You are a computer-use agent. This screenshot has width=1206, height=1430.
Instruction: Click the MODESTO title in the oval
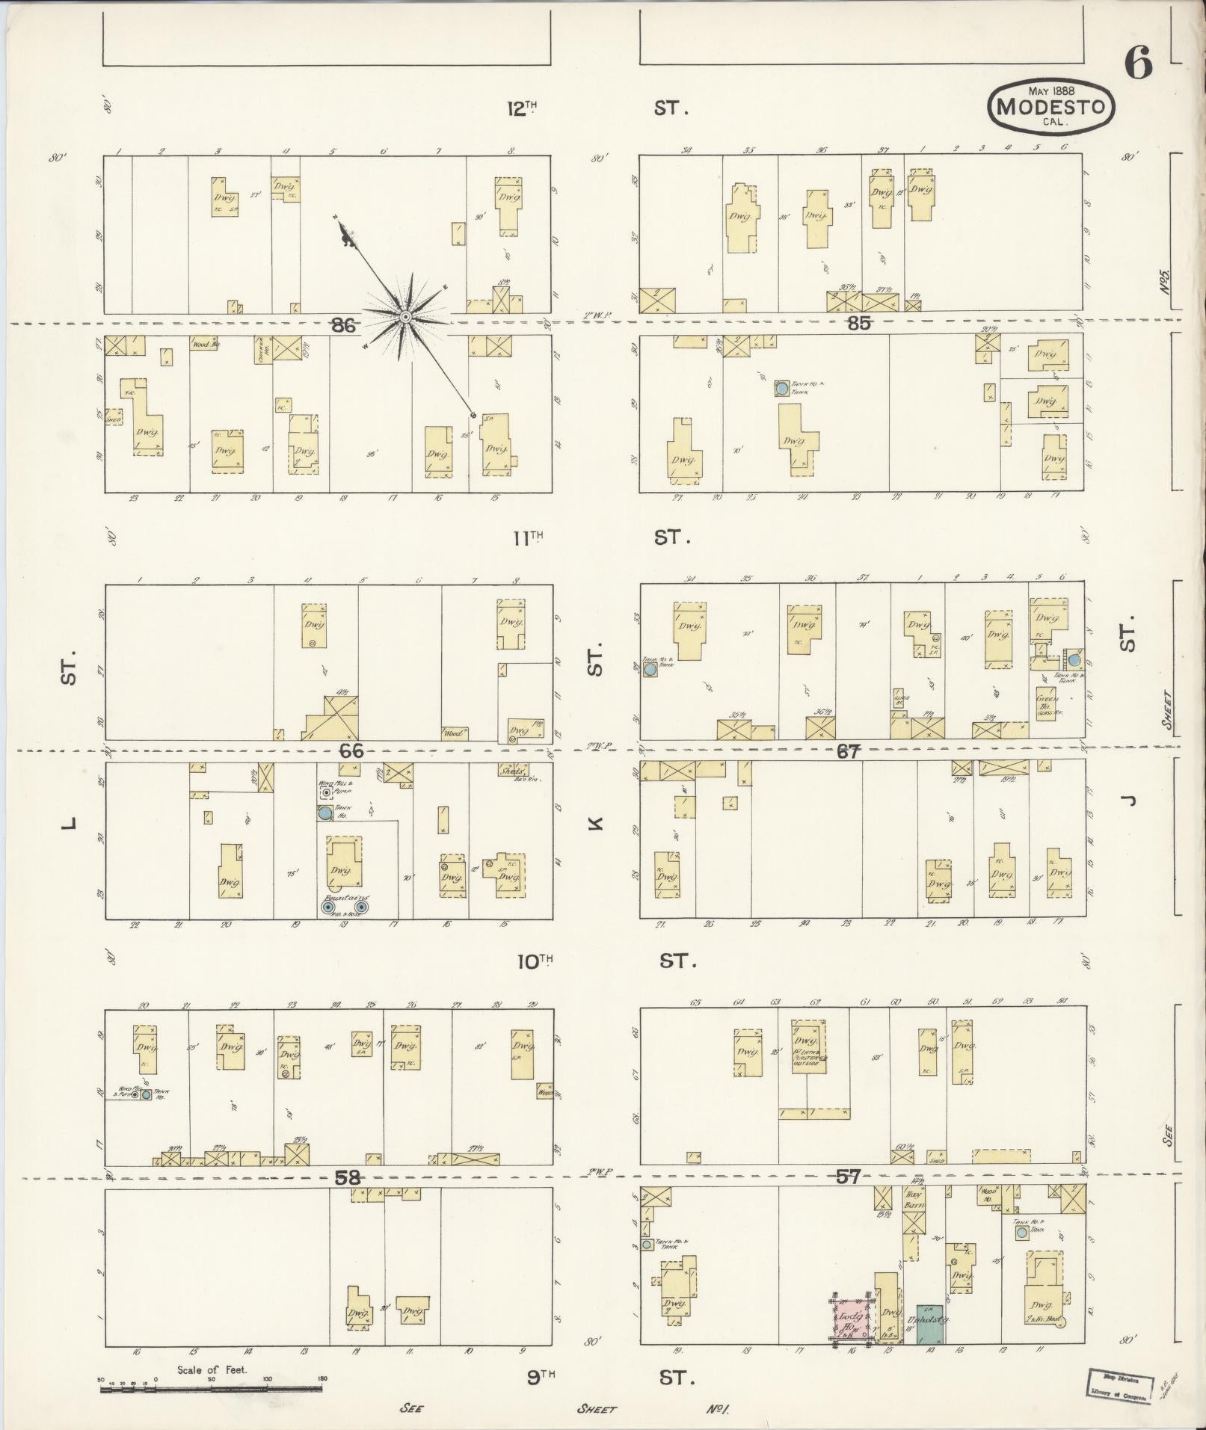tap(1051, 107)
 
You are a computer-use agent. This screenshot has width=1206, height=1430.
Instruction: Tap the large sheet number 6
tap(1137, 65)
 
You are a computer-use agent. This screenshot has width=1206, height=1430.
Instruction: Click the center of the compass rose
tap(405, 318)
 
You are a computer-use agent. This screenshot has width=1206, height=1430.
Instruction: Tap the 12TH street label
tap(523, 108)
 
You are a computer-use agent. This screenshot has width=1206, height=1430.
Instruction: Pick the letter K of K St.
tap(594, 824)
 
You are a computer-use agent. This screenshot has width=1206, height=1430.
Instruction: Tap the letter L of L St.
tap(69, 824)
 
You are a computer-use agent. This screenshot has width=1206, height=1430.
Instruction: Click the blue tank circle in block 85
tap(781, 389)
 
